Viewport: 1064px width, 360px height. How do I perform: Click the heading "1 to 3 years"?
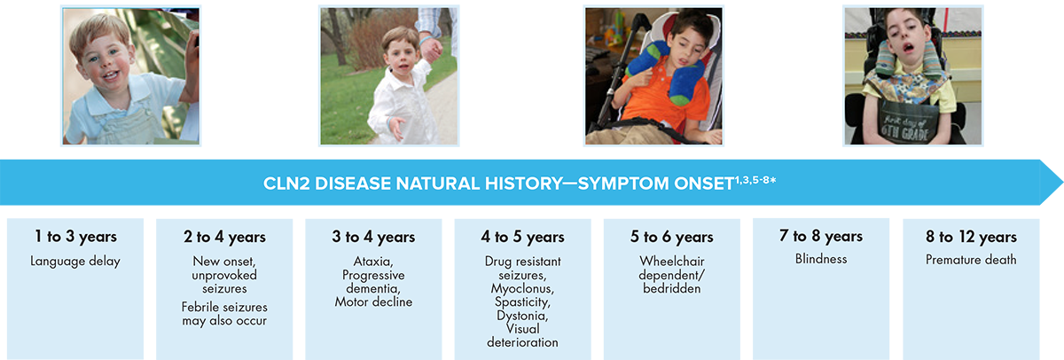pyautogui.click(x=75, y=236)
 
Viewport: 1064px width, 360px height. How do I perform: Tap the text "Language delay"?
pyautogui.click(x=75, y=262)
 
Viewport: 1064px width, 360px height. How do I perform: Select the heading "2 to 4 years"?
pyautogui.click(x=224, y=237)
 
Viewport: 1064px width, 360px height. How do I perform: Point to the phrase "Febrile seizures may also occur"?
pyautogui.click(x=224, y=314)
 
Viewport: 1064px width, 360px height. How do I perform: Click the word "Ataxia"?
pyautogui.click(x=373, y=262)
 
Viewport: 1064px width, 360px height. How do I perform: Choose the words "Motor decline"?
pyautogui.click(x=373, y=301)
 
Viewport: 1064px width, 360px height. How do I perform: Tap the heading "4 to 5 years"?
pyautogui.click(x=522, y=237)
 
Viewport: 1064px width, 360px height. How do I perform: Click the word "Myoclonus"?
pyautogui.click(x=522, y=289)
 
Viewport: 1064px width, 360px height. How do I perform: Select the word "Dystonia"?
pyautogui.click(x=522, y=316)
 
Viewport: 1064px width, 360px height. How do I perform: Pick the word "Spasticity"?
pyautogui.click(x=522, y=302)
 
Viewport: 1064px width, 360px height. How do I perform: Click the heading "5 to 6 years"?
pyautogui.click(x=672, y=237)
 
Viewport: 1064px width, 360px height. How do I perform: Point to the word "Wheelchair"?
pyautogui.click(x=672, y=262)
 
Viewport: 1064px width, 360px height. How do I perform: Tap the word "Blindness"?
pyautogui.click(x=821, y=259)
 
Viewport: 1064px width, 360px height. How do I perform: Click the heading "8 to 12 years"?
pyautogui.click(x=971, y=237)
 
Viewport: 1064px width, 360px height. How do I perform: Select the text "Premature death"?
pyautogui.click(x=971, y=259)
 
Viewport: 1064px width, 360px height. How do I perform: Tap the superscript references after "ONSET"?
pyautogui.click(x=755, y=180)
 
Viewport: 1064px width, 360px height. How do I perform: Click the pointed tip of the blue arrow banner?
pyautogui.click(x=1062, y=183)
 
